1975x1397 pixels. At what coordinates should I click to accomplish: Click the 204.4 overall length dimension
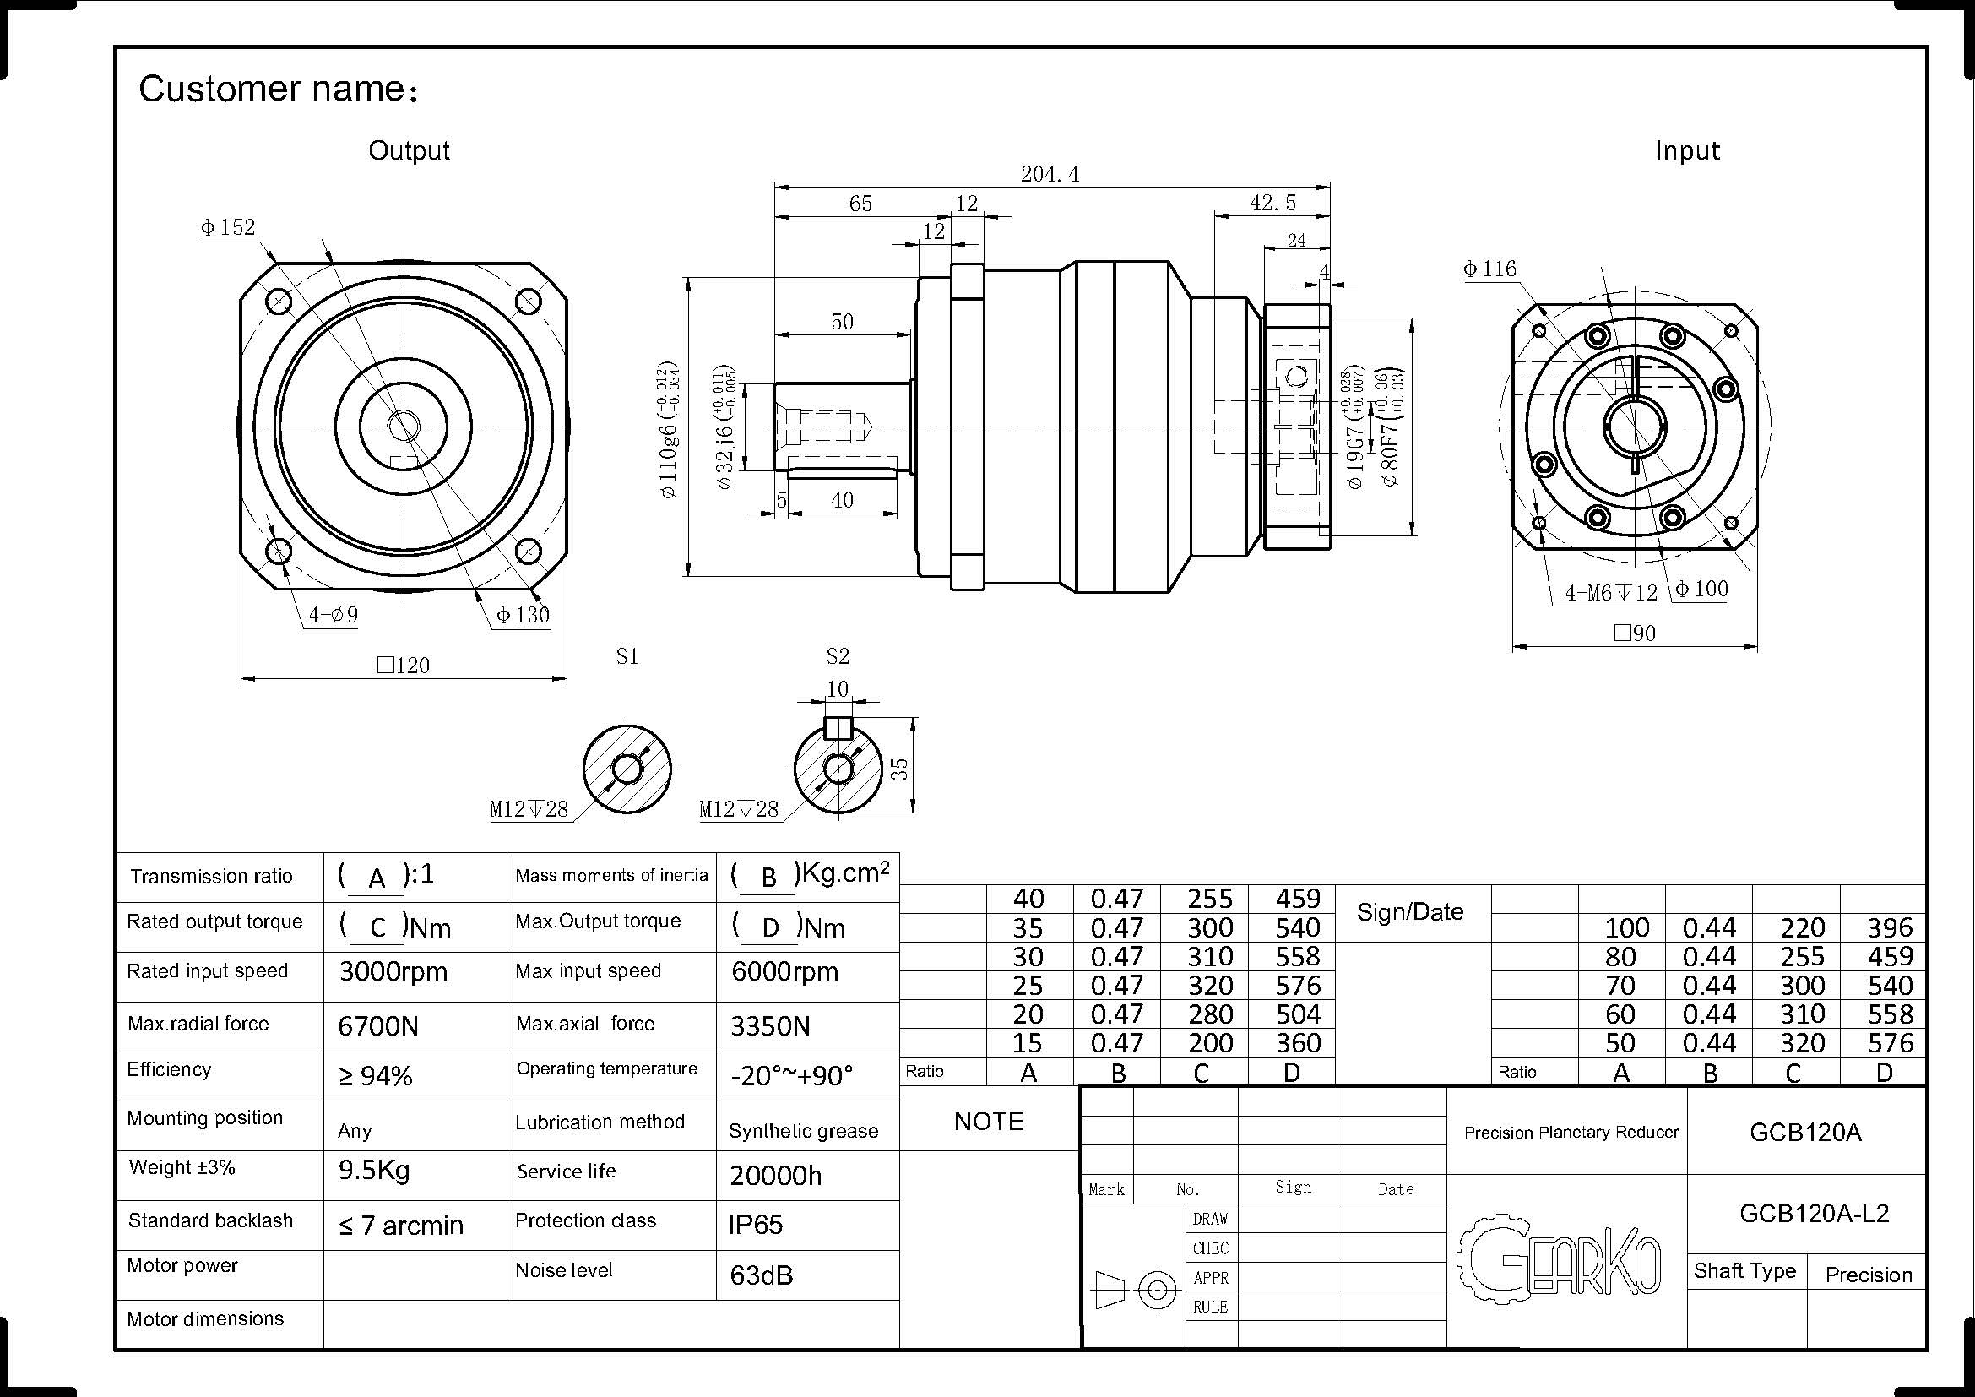(x=1050, y=174)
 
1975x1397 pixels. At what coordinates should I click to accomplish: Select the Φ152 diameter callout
(x=228, y=227)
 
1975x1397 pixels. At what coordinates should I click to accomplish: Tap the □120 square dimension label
(x=404, y=665)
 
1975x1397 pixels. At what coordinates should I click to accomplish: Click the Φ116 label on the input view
(x=1489, y=269)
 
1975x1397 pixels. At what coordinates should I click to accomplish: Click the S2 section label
(x=838, y=656)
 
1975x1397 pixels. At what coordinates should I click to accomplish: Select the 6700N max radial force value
(x=377, y=1025)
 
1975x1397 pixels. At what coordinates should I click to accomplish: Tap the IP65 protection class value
(x=755, y=1224)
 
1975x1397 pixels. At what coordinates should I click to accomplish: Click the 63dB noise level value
(x=762, y=1275)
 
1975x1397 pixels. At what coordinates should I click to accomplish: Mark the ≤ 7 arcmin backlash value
(x=401, y=1225)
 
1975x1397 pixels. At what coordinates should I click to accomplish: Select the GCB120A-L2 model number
(x=1814, y=1213)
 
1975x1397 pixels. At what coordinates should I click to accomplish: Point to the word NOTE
(x=989, y=1121)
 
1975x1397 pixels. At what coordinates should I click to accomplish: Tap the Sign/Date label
(x=1410, y=912)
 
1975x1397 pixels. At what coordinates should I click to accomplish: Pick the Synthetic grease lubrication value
(x=803, y=1131)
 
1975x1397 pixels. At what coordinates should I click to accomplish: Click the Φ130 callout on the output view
(x=522, y=614)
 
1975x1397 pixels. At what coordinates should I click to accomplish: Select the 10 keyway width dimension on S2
(x=837, y=688)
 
